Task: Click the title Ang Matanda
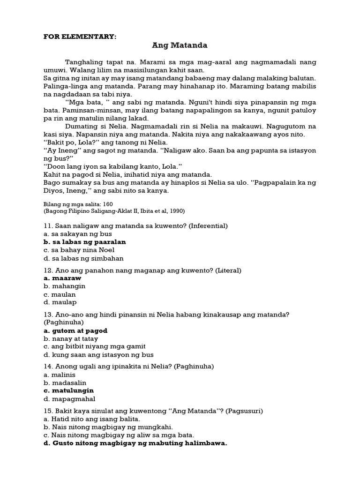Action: [x=180, y=45]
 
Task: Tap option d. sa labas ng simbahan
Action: [x=83, y=258]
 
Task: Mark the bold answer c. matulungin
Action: [x=68, y=390]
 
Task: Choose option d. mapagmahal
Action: [x=69, y=399]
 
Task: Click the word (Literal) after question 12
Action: [x=225, y=270]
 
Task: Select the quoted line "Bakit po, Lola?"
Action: [x=70, y=142]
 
